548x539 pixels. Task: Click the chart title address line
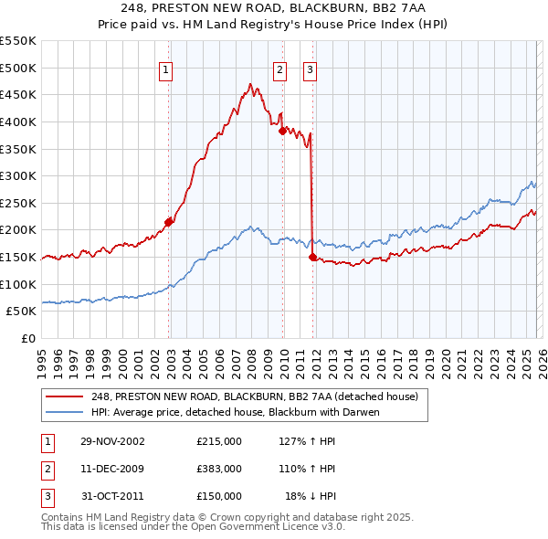tap(273, 8)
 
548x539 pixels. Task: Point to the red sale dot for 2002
tap(169, 221)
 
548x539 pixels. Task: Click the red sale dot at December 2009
tap(282, 130)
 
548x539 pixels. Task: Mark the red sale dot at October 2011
tap(312, 257)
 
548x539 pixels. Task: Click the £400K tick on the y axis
tap(20, 122)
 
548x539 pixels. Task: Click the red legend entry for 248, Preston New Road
tap(255, 396)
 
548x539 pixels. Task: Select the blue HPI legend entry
tap(235, 412)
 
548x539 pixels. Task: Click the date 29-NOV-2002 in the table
tap(112, 440)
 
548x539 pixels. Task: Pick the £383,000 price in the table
tap(219, 469)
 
